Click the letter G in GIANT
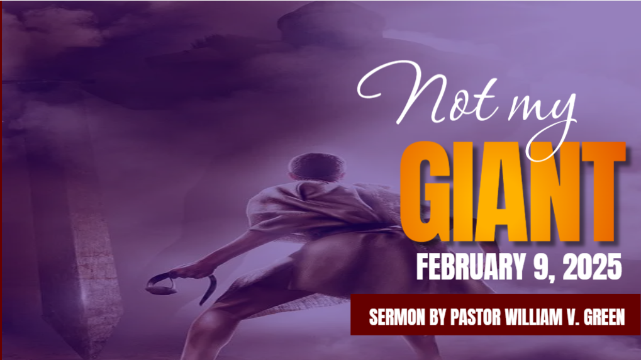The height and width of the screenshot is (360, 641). click(424, 193)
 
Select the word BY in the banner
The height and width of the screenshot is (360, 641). click(437, 317)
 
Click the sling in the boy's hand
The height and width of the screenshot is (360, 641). click(180, 286)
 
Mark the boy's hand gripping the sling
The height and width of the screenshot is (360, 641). click(196, 271)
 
